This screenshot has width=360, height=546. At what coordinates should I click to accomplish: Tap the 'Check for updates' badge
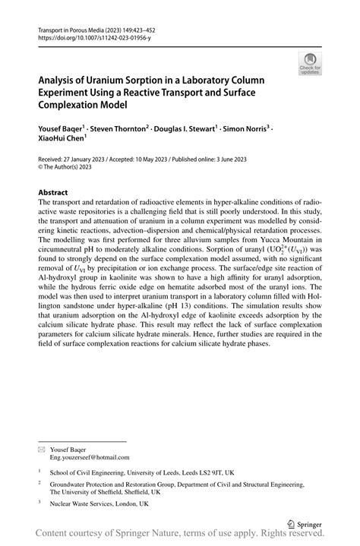point(309,65)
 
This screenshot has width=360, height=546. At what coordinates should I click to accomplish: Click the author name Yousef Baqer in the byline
point(63,130)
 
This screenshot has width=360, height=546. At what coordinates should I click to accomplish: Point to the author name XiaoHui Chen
point(61,140)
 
